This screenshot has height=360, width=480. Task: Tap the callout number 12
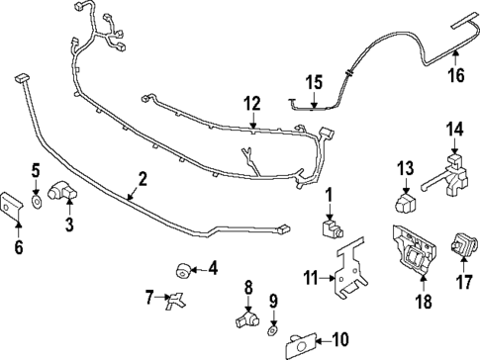(x=252, y=102)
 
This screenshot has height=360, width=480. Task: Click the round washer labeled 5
(x=37, y=201)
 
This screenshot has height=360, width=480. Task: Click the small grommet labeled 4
(x=182, y=268)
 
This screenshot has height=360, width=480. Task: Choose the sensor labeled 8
(x=249, y=318)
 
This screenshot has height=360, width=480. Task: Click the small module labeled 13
(x=404, y=204)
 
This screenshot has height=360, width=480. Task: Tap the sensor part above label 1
(x=333, y=230)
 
